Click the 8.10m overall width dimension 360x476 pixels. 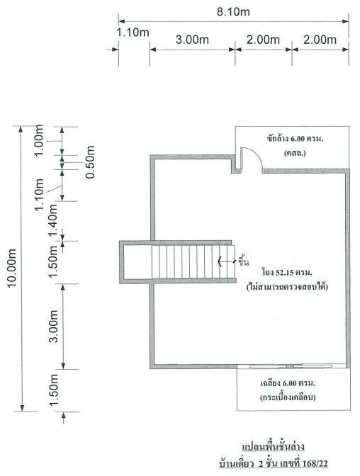tap(233, 12)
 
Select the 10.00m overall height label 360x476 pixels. tap(12, 268)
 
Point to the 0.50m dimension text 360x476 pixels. tap(89, 162)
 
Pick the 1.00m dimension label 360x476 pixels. tap(38, 140)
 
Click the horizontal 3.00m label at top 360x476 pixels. tap(192, 40)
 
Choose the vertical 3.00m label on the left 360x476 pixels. tap(54, 327)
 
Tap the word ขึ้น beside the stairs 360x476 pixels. tap(243, 261)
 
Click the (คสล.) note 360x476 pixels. tap(295, 153)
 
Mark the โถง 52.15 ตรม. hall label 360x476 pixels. tap(287, 272)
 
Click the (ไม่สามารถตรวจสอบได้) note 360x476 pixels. tap(287, 286)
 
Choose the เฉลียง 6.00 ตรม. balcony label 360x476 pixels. tap(288, 383)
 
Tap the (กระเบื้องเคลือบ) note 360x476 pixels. tap(288, 397)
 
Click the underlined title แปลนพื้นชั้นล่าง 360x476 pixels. tap(273, 447)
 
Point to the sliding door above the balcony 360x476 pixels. tap(291, 366)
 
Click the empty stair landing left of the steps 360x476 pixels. tap(137, 261)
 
